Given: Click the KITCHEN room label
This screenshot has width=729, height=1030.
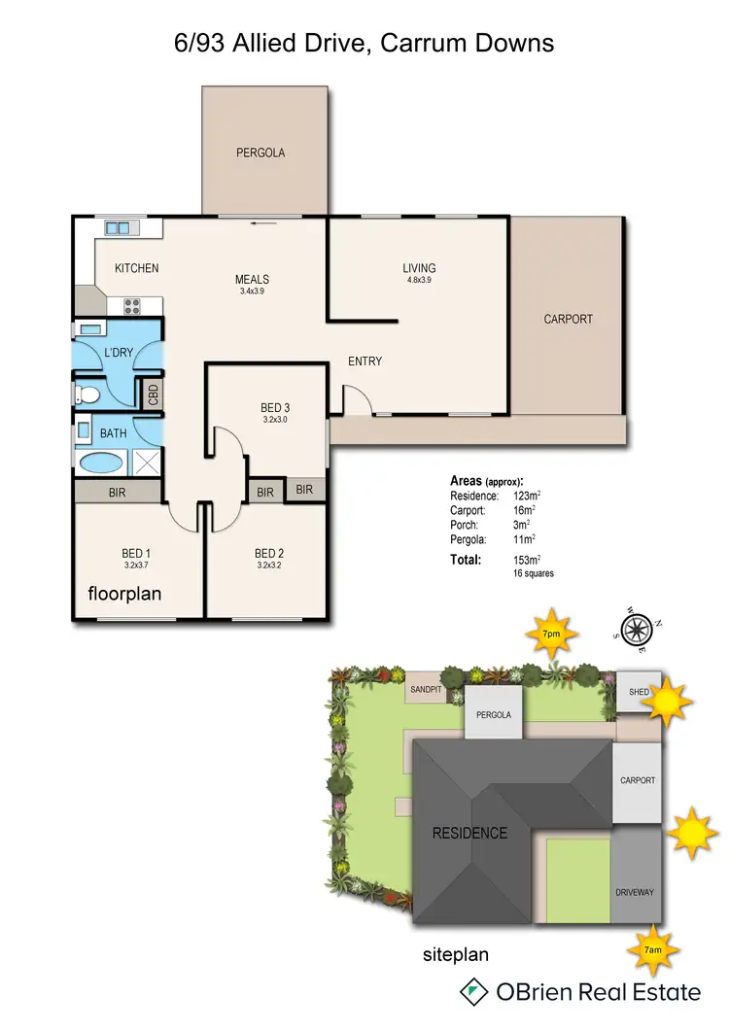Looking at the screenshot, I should tap(136, 268).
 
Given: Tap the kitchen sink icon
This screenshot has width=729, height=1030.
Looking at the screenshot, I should tap(119, 227).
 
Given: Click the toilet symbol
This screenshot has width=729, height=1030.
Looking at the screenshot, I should tap(87, 395).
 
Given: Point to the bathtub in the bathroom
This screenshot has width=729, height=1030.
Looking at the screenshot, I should tap(101, 462).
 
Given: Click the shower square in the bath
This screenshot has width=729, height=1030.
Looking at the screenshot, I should tap(147, 462).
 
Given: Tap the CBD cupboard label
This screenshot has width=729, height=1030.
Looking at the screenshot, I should tap(153, 395).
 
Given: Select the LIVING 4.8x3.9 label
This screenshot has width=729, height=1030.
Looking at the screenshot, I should tap(419, 273).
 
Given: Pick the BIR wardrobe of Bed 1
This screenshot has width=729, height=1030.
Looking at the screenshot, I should tap(118, 492).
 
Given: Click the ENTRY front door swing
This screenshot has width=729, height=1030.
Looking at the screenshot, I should tap(353, 399).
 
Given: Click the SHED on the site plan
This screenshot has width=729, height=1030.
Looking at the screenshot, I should tap(638, 692).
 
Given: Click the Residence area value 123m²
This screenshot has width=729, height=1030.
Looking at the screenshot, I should tap(526, 496).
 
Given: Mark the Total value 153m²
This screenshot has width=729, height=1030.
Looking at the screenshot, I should tap(526, 560).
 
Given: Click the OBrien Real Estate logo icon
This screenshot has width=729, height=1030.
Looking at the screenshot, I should tap(474, 992).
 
